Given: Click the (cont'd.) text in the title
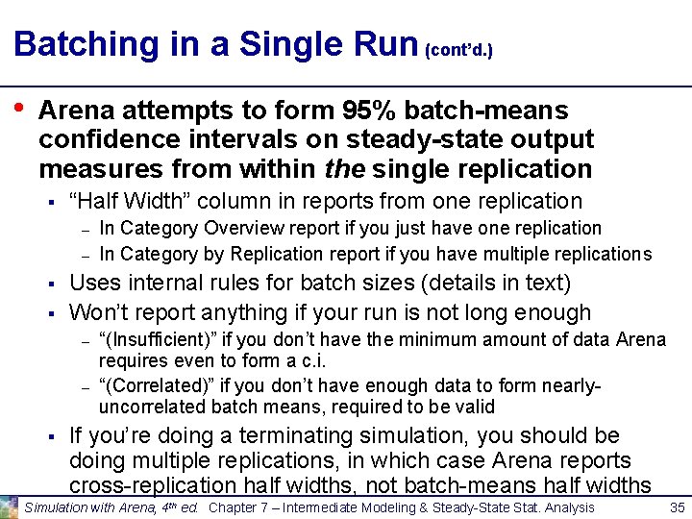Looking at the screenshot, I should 458,49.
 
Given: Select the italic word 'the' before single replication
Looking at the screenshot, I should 343,169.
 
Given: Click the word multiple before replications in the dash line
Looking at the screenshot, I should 533,254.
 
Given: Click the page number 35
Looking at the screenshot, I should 676,507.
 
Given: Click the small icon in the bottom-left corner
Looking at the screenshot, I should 10,507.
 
